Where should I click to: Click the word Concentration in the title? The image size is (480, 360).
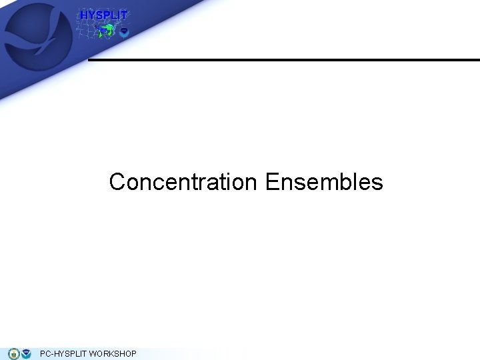(183, 182)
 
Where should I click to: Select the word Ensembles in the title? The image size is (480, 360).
(324, 182)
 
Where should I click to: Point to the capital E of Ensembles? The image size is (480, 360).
(271, 182)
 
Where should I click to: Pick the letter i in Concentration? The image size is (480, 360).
(227, 181)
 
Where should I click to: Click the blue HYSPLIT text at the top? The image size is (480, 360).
(103, 15)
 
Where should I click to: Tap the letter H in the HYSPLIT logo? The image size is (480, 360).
(84, 15)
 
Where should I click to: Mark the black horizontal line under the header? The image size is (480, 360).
(283, 60)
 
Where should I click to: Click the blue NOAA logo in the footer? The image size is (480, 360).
(26, 353)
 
